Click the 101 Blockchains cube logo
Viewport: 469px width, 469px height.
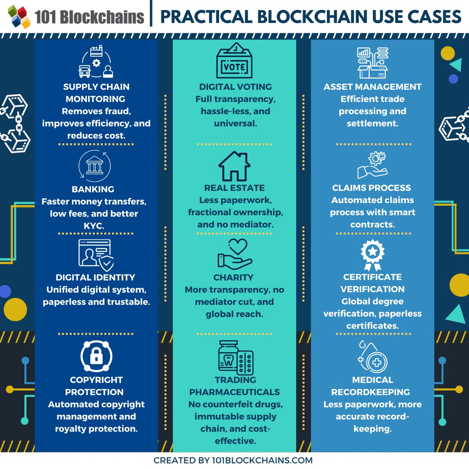(x=19, y=16)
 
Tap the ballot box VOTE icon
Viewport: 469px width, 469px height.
(x=234, y=61)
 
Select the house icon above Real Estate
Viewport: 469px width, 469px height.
(x=234, y=166)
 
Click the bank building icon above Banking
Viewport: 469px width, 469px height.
(x=95, y=166)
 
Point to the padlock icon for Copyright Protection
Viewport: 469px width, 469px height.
(x=96, y=356)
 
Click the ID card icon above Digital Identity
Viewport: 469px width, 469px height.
(x=96, y=255)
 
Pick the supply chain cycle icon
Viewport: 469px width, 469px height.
(x=96, y=62)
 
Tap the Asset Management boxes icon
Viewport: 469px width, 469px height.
(x=372, y=63)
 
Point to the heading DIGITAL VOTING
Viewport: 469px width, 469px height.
(x=235, y=87)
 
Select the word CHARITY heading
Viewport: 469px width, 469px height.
(x=233, y=277)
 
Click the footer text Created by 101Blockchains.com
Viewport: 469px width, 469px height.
(x=233, y=460)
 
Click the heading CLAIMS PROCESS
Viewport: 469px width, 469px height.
(x=371, y=188)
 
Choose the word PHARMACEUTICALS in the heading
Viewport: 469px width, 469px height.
(x=234, y=392)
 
